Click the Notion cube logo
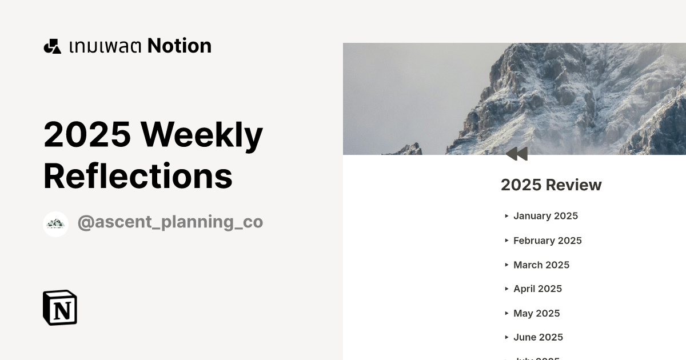pyautogui.click(x=60, y=308)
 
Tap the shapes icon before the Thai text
pyautogui.click(x=52, y=46)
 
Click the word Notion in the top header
pyautogui.click(x=180, y=46)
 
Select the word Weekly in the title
pyautogui.click(x=202, y=134)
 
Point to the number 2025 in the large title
pyautogui.click(x=87, y=134)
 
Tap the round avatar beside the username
pyautogui.click(x=55, y=224)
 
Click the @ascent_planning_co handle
pyautogui.click(x=170, y=222)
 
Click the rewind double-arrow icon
pyautogui.click(x=517, y=154)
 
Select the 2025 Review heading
pyautogui.click(x=551, y=185)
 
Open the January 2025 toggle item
pyautogui.click(x=545, y=216)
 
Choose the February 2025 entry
pyautogui.click(x=547, y=241)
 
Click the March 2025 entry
pyautogui.click(x=541, y=265)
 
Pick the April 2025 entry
pyautogui.click(x=537, y=289)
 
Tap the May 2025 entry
pyautogui.click(x=536, y=314)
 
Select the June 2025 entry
pyautogui.click(x=538, y=338)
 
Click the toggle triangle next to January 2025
pyautogui.click(x=506, y=216)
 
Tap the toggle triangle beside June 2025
pyautogui.click(x=506, y=338)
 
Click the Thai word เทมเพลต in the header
pyautogui.click(x=105, y=46)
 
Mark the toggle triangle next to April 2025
pyautogui.click(x=506, y=289)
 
